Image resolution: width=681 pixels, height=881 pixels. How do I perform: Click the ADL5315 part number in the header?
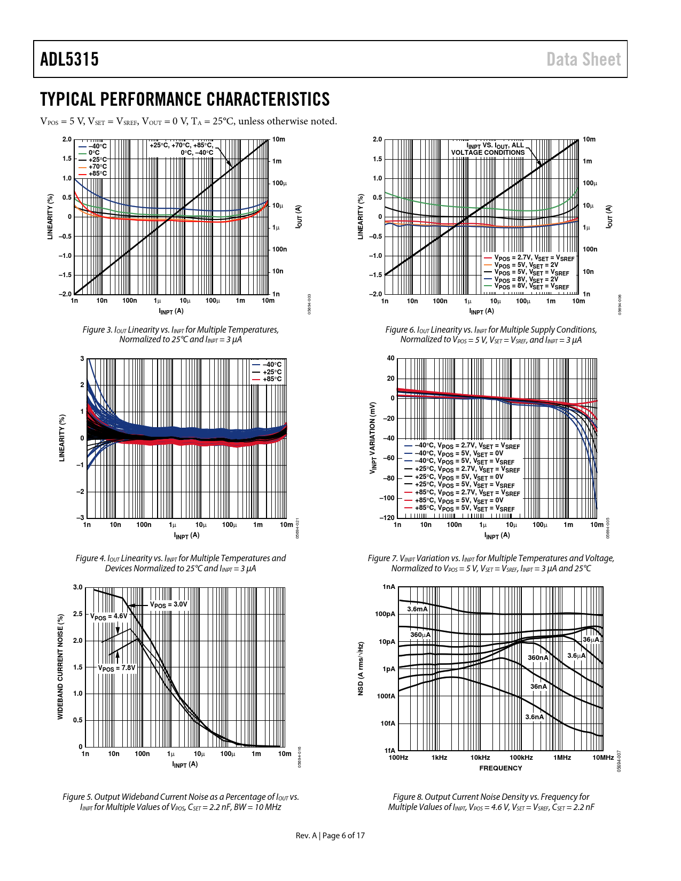click(x=69, y=59)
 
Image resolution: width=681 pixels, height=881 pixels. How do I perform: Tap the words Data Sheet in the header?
click(x=583, y=59)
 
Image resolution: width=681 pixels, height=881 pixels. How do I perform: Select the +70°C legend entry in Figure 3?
click(x=97, y=167)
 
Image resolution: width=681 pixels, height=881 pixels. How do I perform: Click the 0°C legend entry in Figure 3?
click(x=94, y=153)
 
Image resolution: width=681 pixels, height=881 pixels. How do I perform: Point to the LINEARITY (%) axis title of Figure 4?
click(x=62, y=438)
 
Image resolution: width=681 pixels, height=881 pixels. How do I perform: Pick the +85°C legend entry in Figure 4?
click(x=271, y=379)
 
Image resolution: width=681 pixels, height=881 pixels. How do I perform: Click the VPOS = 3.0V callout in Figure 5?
click(x=168, y=604)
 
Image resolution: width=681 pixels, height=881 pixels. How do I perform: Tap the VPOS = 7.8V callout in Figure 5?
click(x=116, y=668)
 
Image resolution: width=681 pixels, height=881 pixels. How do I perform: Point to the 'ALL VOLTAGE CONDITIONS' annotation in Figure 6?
click(x=488, y=152)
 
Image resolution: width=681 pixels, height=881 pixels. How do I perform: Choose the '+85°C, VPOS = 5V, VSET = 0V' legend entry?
click(x=459, y=501)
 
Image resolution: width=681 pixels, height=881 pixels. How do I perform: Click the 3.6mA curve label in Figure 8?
click(x=417, y=609)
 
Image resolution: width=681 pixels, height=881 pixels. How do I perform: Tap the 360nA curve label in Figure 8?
click(x=538, y=658)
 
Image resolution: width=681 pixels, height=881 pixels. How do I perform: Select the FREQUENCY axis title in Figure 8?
click(x=500, y=768)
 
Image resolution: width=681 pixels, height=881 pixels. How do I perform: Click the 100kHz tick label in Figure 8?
click(x=521, y=758)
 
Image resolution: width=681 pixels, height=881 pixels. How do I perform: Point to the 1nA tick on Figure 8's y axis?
click(x=389, y=587)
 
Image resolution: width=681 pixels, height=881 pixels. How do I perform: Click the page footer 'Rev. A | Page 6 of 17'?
click(x=330, y=835)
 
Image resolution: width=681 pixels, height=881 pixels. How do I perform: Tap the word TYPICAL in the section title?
click(x=68, y=99)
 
